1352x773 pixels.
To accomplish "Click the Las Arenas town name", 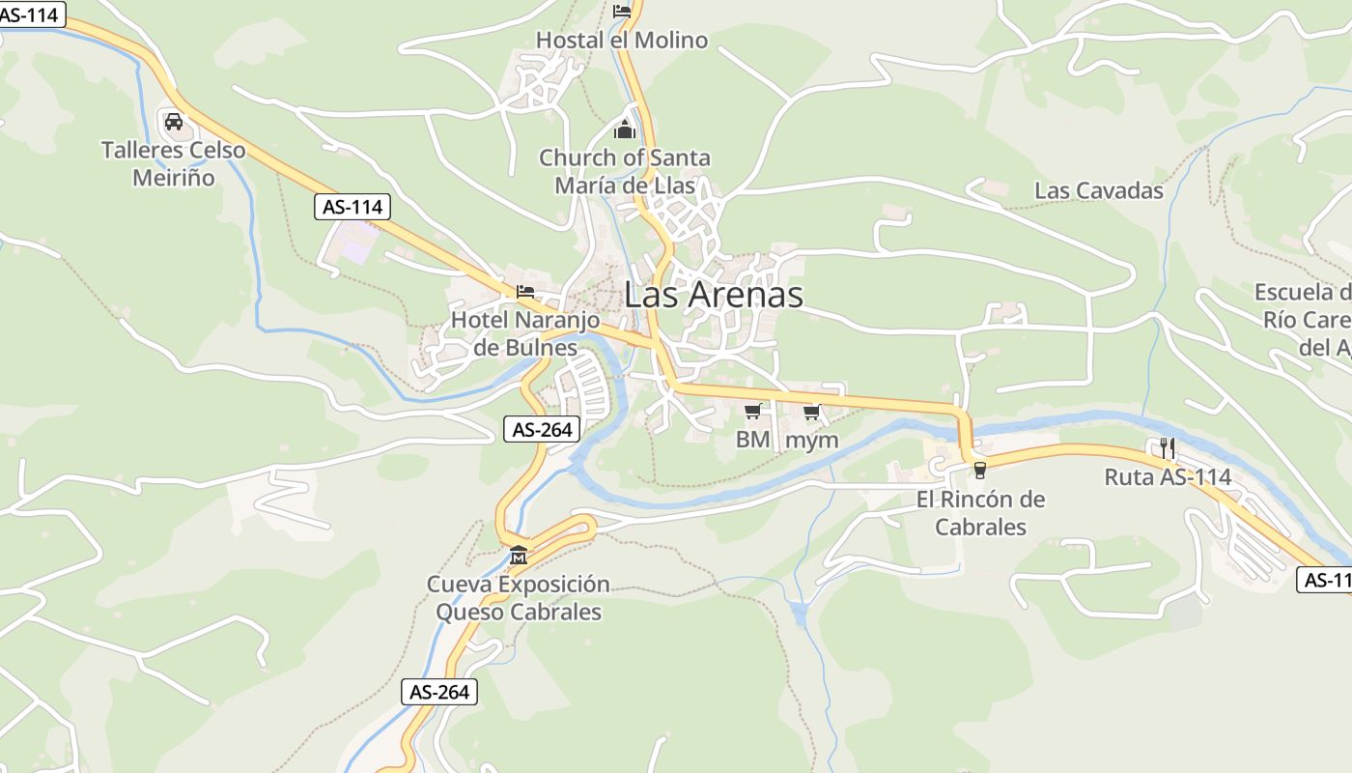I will [x=714, y=295].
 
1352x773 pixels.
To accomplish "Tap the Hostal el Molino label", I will [x=622, y=41].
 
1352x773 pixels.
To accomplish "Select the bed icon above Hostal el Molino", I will [x=622, y=12].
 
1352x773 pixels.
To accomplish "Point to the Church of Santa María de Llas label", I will [x=625, y=171].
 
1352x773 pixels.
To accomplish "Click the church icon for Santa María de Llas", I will [x=625, y=129].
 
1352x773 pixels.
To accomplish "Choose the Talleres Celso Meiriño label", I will [x=174, y=164].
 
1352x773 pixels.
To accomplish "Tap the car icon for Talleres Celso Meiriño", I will [x=174, y=122].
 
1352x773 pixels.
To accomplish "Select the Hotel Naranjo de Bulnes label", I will [x=525, y=333].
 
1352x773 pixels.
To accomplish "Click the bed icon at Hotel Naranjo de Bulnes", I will [x=525, y=291].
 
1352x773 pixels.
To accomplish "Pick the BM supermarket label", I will [x=752, y=441].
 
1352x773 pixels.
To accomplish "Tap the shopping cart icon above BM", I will [x=752, y=412].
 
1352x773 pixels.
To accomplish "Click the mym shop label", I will [x=812, y=441].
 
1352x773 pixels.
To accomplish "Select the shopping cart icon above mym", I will [x=811, y=412].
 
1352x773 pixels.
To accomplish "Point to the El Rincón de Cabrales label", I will [x=980, y=513].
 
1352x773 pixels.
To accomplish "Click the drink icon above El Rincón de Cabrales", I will [x=980, y=471].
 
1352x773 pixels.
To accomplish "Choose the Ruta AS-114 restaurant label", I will [x=1168, y=477].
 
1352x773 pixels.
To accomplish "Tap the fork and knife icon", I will [x=1168, y=447].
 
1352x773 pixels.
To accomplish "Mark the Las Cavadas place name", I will [x=1099, y=191].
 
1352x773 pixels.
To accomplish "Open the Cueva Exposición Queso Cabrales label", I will [x=519, y=598].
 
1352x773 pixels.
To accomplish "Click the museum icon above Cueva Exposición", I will [x=519, y=556].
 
